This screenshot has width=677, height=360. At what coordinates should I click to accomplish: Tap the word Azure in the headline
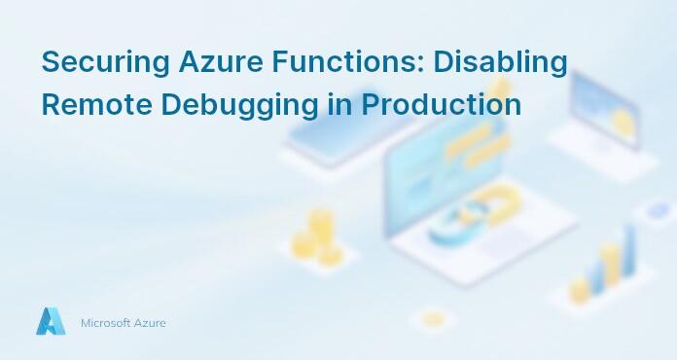pos(210,61)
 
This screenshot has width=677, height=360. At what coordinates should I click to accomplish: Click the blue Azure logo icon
pos(51,321)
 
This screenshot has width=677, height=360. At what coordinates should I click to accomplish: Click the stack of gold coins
pos(320,234)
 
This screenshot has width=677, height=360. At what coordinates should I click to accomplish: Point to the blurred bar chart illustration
pos(603,263)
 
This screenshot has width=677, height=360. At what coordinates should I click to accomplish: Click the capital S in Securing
pos(51,61)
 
